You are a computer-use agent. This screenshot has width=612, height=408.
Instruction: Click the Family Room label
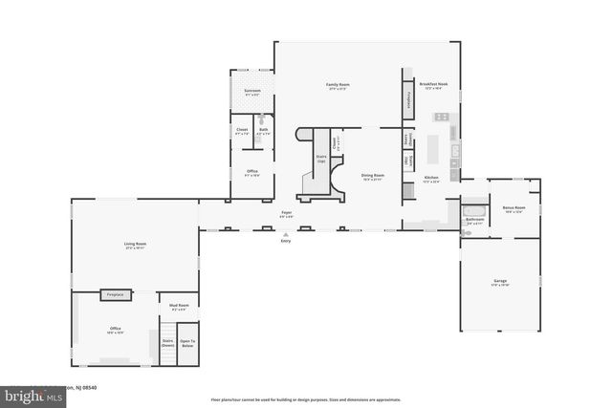point(338,86)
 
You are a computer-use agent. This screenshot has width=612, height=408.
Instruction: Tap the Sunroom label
point(252,92)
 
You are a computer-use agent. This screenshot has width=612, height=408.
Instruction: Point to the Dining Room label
point(373,177)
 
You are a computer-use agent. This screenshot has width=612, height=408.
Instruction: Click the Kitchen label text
point(431,179)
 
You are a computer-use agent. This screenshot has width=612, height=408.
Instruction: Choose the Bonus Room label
point(514,209)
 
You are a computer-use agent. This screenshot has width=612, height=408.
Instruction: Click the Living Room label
point(135,247)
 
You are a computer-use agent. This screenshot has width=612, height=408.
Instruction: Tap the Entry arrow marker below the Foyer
point(285,232)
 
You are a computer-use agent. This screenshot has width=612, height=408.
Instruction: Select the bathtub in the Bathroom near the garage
point(474,209)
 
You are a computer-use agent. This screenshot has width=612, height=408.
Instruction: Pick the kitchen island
point(432,147)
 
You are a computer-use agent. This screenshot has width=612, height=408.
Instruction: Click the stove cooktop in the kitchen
point(443,117)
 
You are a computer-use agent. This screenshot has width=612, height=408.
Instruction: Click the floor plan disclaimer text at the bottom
point(305,399)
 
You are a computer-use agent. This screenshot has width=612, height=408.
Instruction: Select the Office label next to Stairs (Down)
point(115,330)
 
